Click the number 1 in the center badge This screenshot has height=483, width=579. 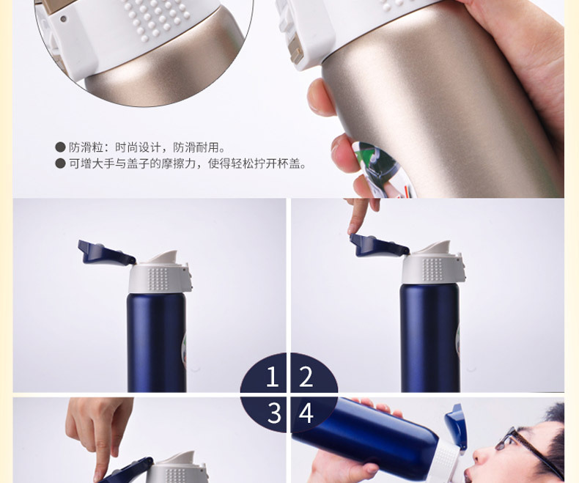(273, 376)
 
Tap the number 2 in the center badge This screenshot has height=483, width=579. (306, 376)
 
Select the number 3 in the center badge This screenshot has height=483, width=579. (274, 413)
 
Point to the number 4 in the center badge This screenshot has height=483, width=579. (306, 413)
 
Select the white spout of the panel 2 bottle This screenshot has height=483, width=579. (437, 248)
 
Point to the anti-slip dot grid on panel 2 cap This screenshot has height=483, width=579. (432, 268)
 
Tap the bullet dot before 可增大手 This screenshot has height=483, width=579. (60, 163)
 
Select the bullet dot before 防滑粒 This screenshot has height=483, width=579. (60, 147)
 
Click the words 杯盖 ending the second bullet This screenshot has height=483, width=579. (294, 163)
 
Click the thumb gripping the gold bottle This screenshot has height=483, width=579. (320, 98)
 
